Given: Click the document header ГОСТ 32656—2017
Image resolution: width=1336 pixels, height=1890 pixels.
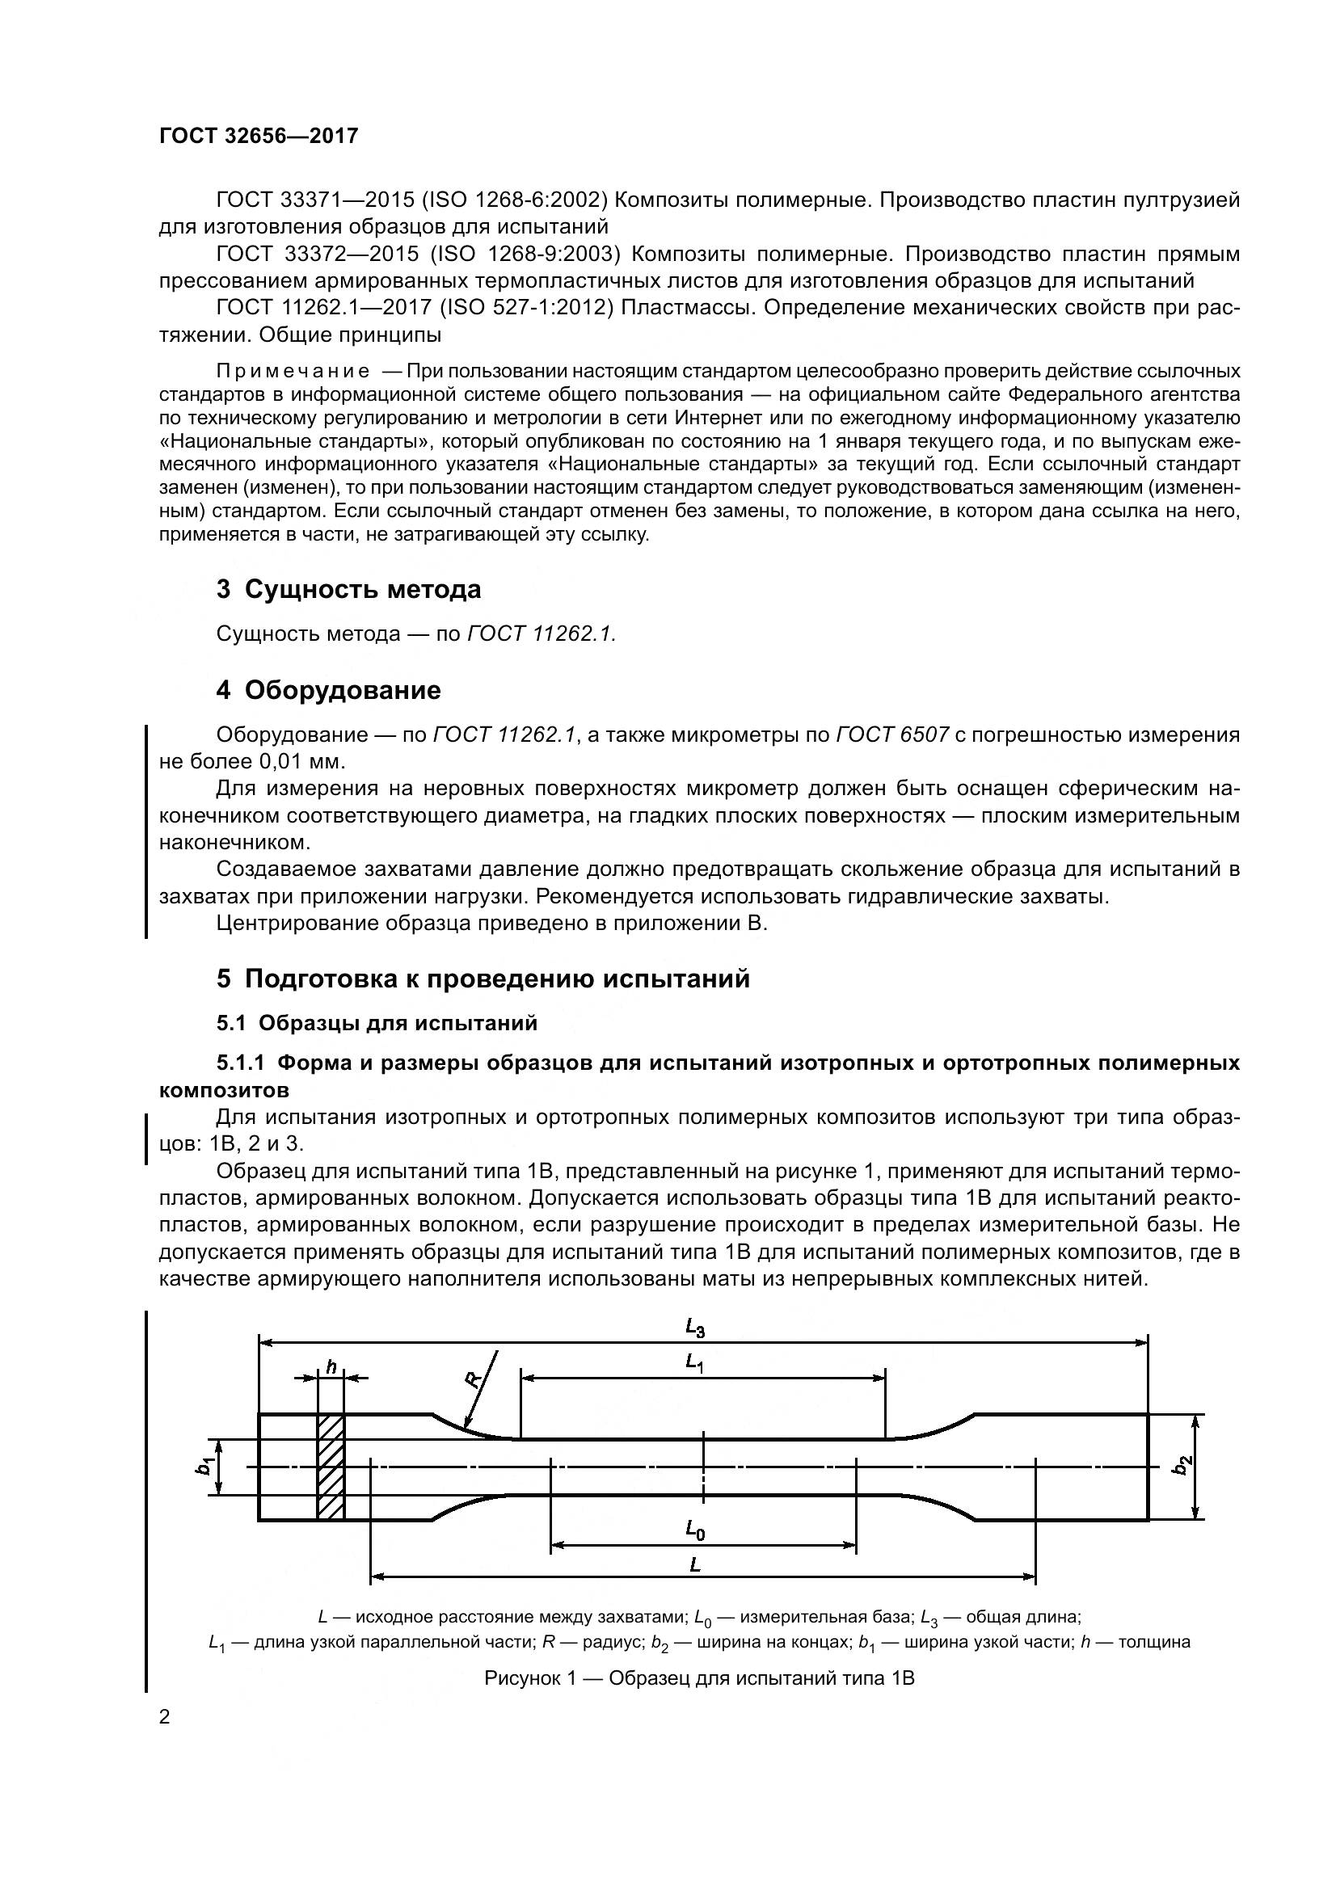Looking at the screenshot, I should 259,136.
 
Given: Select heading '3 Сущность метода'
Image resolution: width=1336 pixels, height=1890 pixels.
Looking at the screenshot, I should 348,589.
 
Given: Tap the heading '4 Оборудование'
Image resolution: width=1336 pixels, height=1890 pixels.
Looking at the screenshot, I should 328,690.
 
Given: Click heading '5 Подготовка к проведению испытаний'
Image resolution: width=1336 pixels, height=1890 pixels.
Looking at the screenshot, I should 483,979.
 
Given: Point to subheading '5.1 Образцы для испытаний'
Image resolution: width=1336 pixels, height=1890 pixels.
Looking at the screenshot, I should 377,1023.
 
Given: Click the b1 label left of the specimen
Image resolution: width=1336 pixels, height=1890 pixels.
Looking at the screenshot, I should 206,1466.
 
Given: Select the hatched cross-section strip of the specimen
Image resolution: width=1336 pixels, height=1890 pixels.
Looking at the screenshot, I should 331,1467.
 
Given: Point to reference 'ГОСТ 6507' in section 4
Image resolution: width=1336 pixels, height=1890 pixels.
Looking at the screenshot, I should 892,735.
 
